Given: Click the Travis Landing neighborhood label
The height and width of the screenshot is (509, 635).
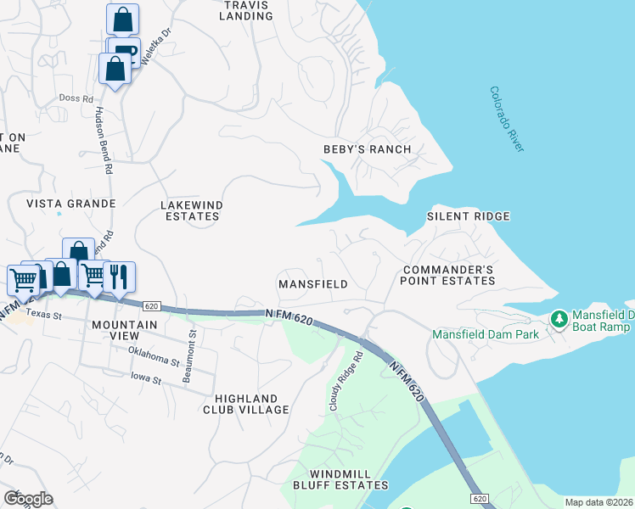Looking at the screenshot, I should [245, 10].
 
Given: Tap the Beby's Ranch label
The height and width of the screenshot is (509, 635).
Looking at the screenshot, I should [367, 149].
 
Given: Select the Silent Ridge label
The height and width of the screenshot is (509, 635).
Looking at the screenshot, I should [468, 216].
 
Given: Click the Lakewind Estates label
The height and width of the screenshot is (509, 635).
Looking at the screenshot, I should [190, 210].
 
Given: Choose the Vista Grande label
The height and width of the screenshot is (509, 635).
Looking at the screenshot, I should [70, 204].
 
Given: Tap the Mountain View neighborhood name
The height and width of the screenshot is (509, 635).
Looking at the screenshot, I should [125, 331].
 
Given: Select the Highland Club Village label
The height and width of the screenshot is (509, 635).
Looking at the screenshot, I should [246, 404].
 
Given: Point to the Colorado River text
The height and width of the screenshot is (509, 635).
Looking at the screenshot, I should [508, 120].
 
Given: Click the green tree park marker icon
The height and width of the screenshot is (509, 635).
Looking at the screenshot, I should [559, 319].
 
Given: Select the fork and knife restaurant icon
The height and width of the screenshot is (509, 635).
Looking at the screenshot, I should [118, 276].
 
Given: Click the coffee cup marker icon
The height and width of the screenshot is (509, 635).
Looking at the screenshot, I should [125, 49].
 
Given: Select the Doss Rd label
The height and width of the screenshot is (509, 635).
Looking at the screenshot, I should [76, 98].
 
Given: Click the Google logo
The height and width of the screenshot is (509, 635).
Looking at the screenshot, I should [28, 498].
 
